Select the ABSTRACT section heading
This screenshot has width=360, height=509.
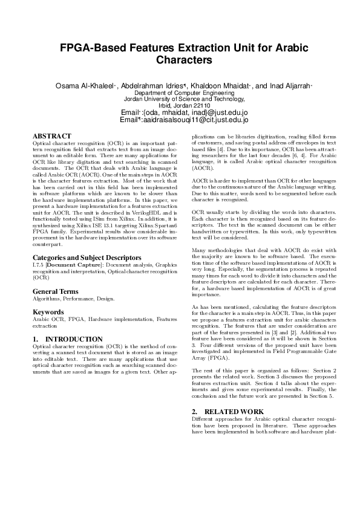(52, 136)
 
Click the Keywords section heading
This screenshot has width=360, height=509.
(48, 312)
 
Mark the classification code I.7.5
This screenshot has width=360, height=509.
(38, 265)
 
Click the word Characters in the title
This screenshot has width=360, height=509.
(180, 60)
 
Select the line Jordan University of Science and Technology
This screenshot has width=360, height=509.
(180, 99)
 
